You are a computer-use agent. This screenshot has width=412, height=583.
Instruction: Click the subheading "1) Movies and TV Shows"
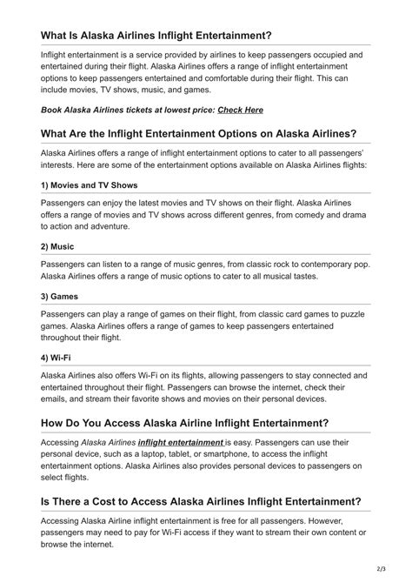point(89,185)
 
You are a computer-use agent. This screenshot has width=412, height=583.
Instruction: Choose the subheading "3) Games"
point(63,296)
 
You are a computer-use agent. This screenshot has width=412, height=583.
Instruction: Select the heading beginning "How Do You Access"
point(184,424)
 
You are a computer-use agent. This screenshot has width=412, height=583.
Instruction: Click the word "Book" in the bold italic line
point(53,111)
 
